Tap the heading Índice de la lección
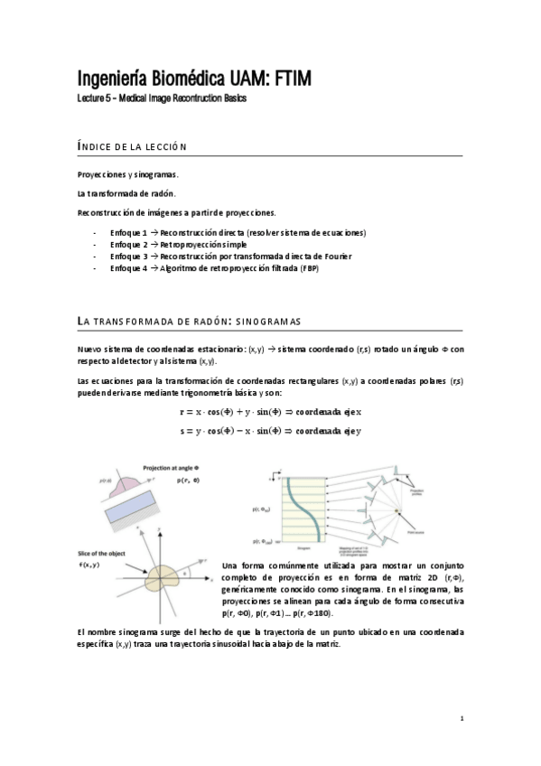click(131, 146)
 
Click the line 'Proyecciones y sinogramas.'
click(128, 174)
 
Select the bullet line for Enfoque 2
click(177, 244)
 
